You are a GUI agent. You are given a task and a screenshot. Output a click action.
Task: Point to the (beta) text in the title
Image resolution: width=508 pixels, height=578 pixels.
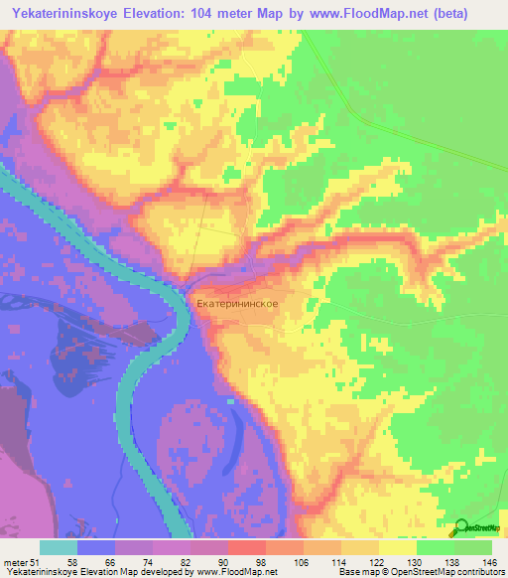coord(467,13)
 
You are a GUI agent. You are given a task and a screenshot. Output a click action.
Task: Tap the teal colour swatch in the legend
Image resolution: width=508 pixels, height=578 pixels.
coord(59,548)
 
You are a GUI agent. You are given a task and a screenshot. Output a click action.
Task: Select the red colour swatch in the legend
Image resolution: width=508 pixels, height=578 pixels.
coord(247,548)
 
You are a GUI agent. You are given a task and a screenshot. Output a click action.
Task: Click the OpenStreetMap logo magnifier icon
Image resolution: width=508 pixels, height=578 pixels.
coord(460,529)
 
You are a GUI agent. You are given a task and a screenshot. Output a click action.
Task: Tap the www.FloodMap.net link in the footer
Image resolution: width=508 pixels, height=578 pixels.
coord(227,571)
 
